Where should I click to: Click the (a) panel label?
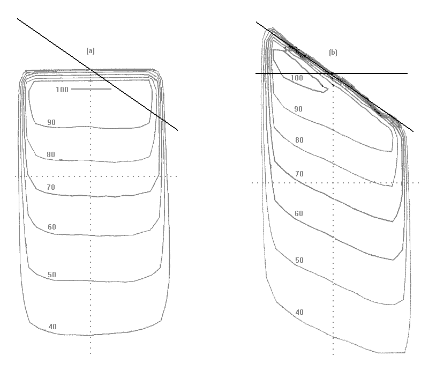coord(91,51)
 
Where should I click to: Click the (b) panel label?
coord(333,53)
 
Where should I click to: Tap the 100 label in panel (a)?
coord(62,90)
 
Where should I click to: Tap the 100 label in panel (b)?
coord(297,78)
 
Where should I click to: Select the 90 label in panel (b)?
coord(298,109)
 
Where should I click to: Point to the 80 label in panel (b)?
coord(299,140)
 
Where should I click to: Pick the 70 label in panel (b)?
coord(299,174)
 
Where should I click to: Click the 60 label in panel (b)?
coord(299,214)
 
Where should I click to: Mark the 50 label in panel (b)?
coord(299,261)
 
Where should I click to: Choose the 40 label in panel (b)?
coord(299,313)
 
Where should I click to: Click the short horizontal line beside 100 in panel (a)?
coord(91,89)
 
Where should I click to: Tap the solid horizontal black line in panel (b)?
coord(375,73)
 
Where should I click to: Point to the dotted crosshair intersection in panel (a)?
coord(91,176)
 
